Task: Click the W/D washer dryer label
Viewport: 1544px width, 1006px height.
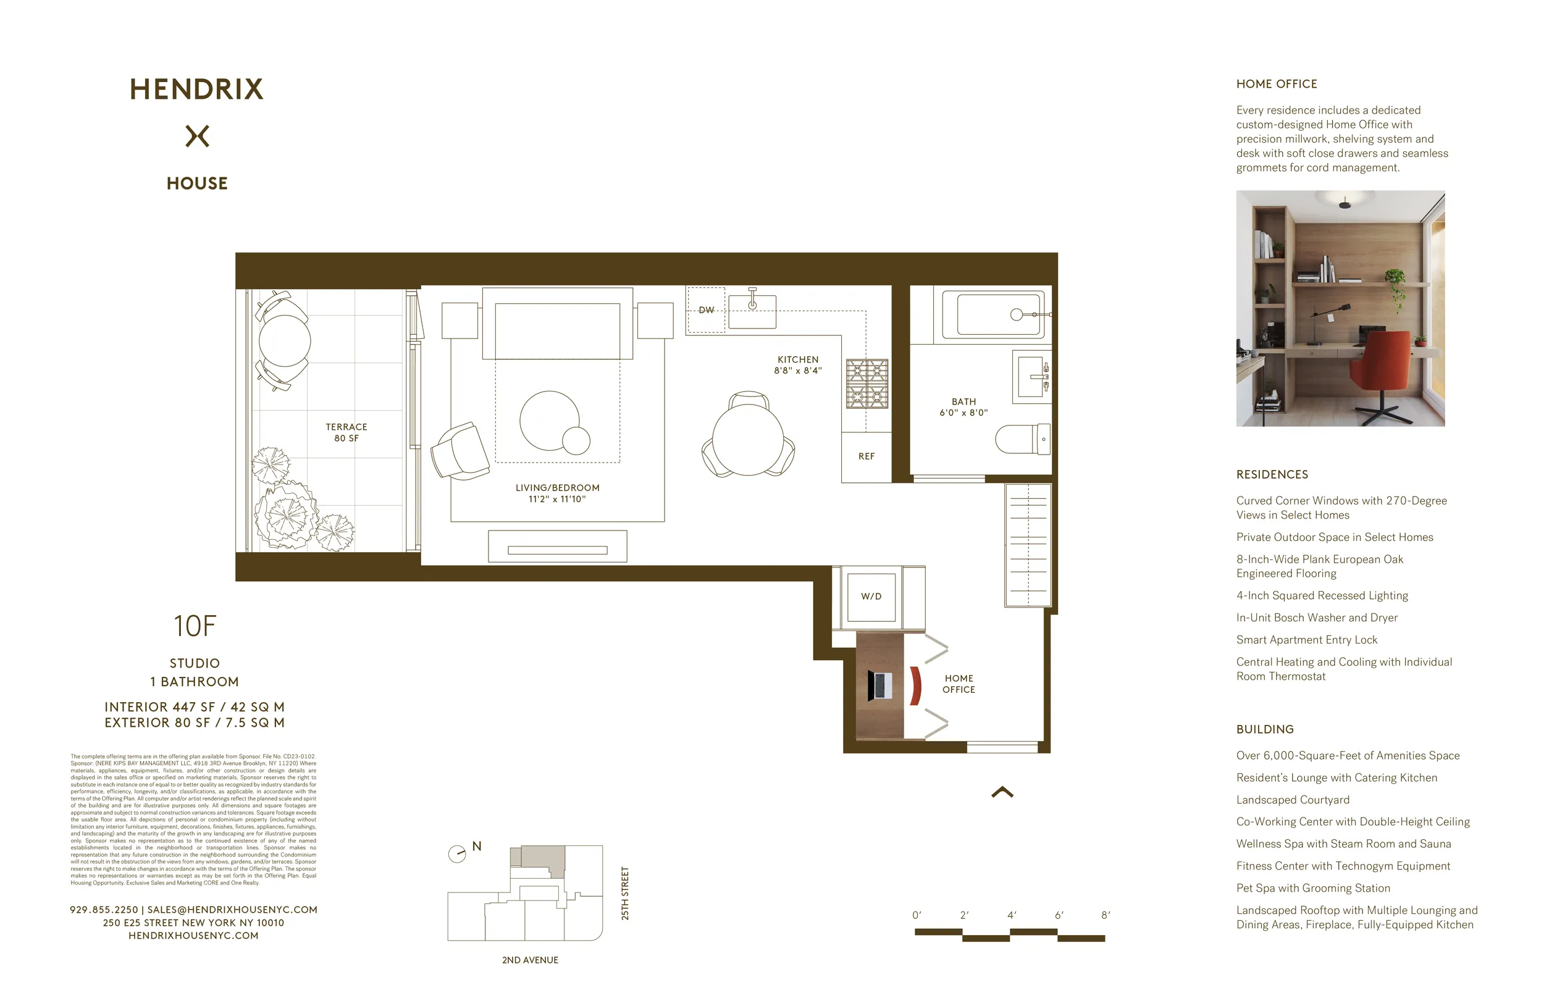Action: click(x=871, y=597)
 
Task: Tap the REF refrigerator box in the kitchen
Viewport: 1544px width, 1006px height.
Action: click(x=866, y=456)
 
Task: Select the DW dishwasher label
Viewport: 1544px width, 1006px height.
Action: click(x=707, y=310)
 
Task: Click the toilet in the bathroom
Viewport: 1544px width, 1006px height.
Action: click(x=1021, y=439)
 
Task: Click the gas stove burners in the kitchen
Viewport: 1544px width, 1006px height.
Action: click(x=866, y=384)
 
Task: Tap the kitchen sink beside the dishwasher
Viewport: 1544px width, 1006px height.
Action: click(x=752, y=311)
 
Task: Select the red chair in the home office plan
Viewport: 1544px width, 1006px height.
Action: click(x=915, y=685)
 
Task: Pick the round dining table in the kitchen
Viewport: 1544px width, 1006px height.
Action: click(x=748, y=440)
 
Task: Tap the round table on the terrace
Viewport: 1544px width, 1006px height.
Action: click(x=285, y=340)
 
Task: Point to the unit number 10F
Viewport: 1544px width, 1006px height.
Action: click(x=195, y=627)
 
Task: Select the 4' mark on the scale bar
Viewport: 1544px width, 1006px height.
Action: click(x=1012, y=915)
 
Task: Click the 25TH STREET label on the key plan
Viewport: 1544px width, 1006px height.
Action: click(x=625, y=893)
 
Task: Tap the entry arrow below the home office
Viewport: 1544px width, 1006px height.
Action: click(x=1002, y=792)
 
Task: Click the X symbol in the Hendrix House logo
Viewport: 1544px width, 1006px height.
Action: click(x=197, y=136)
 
